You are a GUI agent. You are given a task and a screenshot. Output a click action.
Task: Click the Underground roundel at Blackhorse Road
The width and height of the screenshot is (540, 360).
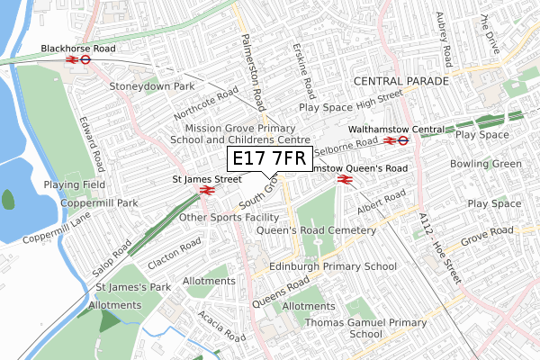85,60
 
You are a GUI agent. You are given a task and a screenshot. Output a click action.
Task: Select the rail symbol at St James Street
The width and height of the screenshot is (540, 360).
205,190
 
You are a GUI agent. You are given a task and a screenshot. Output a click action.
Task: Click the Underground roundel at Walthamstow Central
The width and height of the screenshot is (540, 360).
404,140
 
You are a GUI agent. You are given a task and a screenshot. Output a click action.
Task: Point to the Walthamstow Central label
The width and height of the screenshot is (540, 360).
409,128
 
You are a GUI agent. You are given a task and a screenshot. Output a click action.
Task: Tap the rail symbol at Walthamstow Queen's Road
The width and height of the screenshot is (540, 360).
343,180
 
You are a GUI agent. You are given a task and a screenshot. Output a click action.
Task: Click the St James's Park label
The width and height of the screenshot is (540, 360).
133,287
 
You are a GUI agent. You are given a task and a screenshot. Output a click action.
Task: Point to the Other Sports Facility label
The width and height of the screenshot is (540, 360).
229,217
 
